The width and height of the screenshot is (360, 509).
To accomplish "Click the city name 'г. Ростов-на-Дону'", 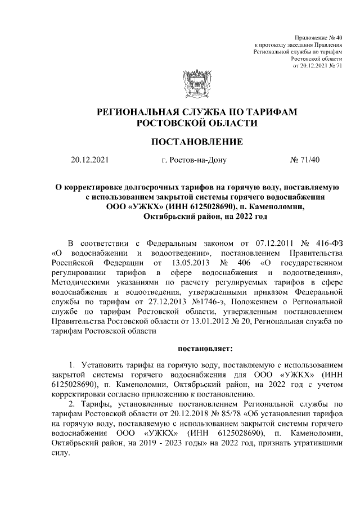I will [193, 160].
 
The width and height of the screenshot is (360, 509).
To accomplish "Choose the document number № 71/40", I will [304, 160].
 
